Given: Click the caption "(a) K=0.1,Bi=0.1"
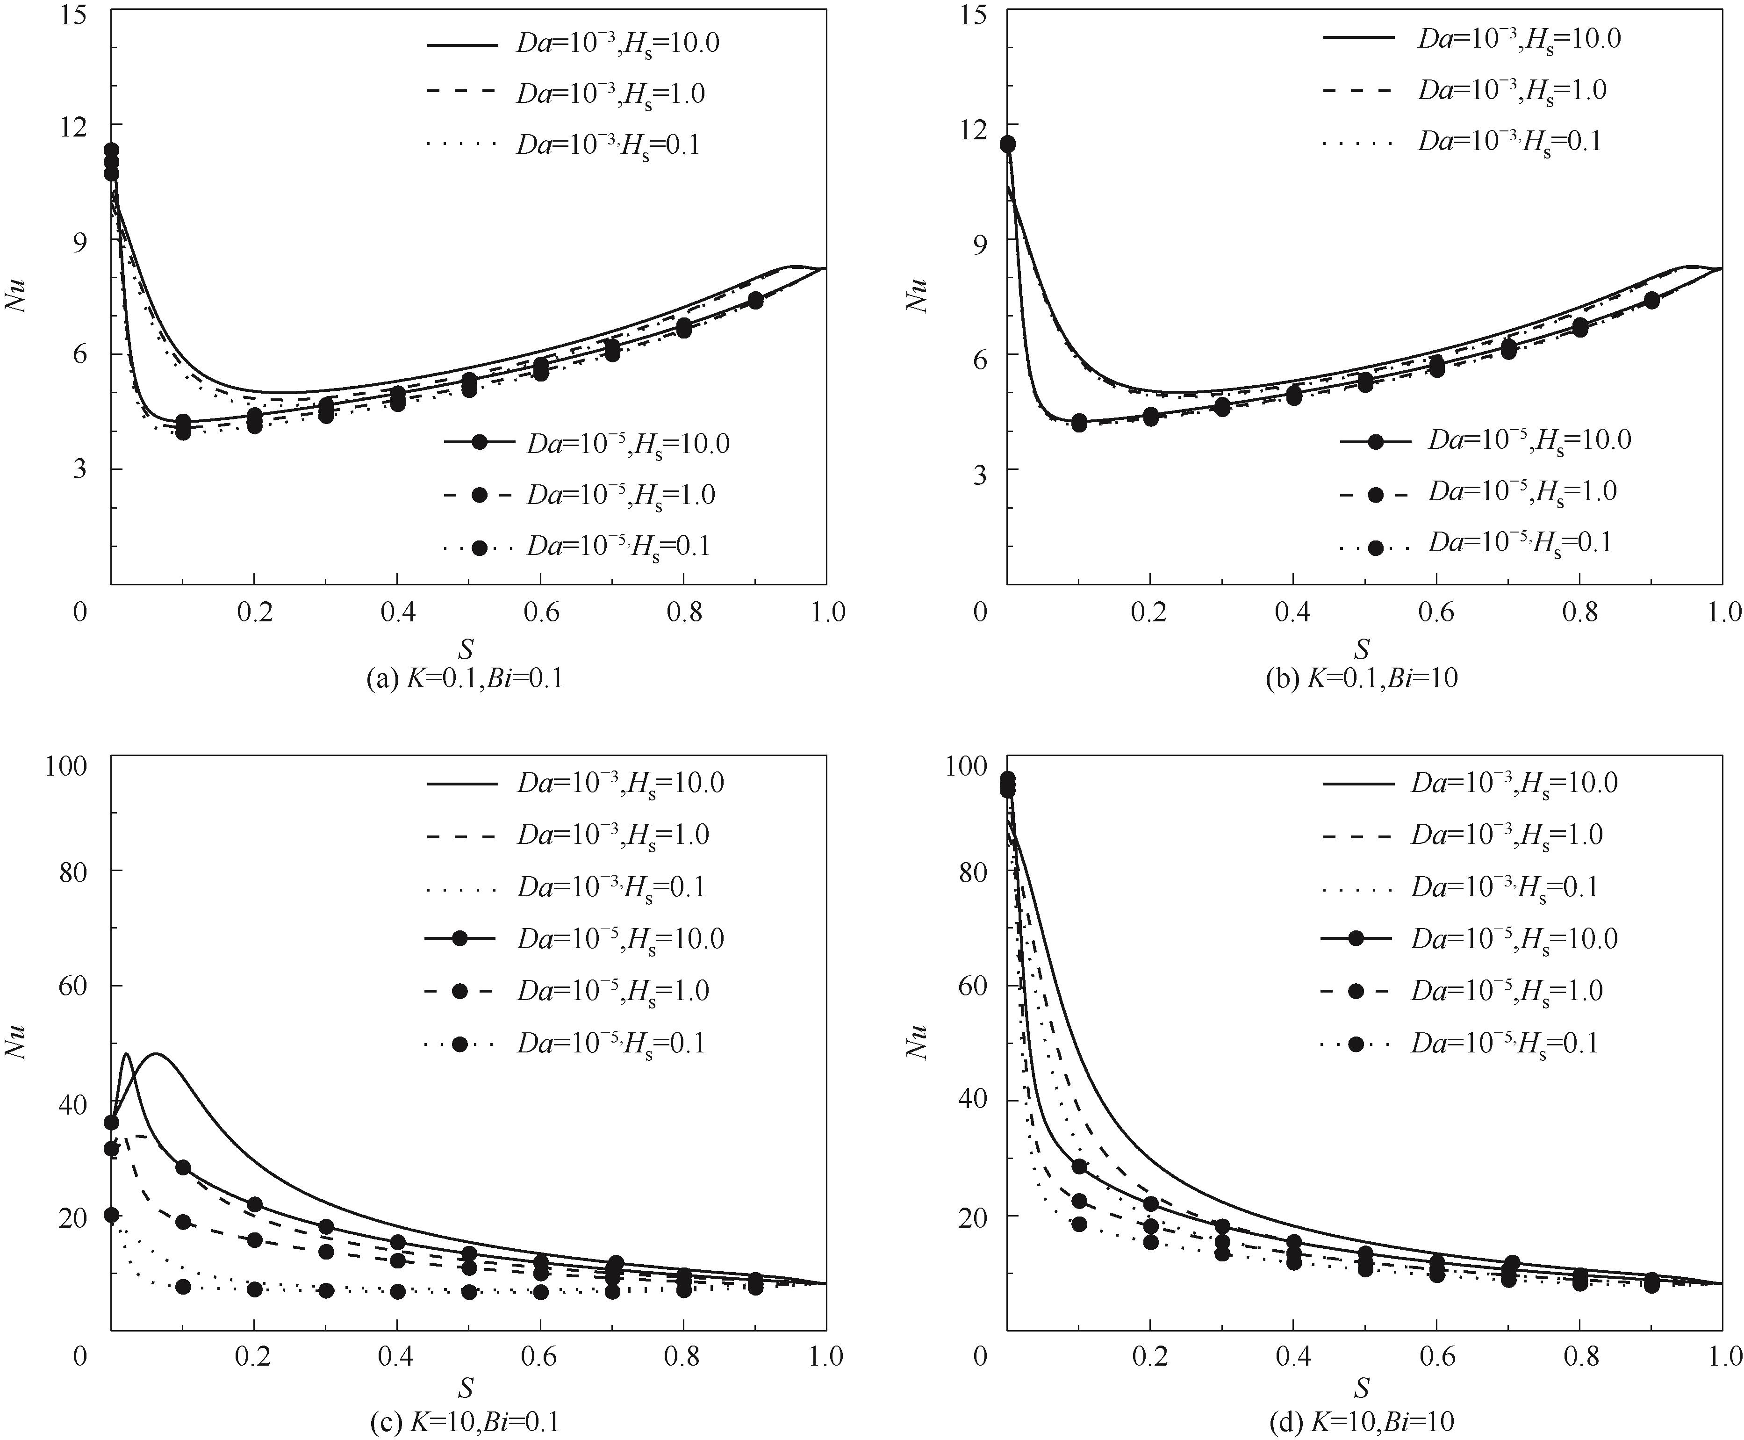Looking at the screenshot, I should click(x=465, y=678).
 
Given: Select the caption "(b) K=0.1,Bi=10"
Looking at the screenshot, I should click(x=1362, y=678).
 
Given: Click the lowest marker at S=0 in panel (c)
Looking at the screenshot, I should click(x=111, y=1215).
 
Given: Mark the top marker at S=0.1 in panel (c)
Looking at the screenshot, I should click(x=183, y=1167).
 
